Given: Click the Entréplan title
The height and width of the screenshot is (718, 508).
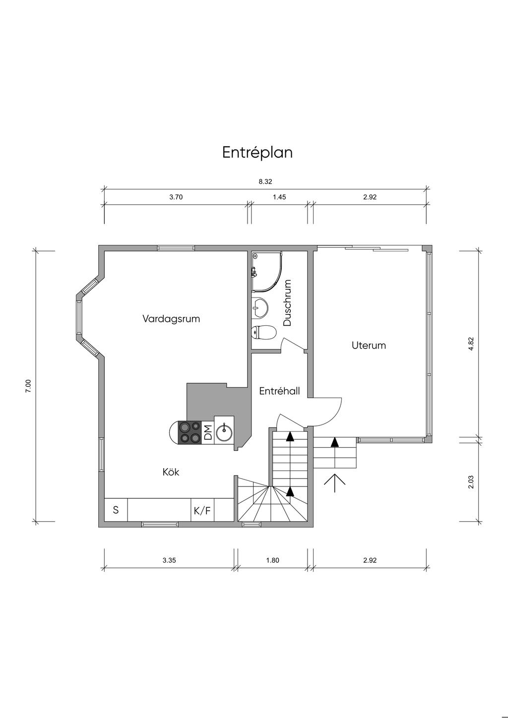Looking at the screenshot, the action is pyautogui.click(x=257, y=153).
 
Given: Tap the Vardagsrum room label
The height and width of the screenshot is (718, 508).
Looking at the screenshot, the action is pyautogui.click(x=171, y=319).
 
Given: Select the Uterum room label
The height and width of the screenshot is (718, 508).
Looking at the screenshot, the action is pyautogui.click(x=369, y=346).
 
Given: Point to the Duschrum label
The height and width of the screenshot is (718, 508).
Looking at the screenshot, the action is pyautogui.click(x=287, y=302).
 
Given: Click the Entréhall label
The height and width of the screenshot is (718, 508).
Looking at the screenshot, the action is pyautogui.click(x=279, y=391).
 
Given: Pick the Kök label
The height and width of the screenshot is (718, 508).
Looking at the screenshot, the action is pyautogui.click(x=171, y=472).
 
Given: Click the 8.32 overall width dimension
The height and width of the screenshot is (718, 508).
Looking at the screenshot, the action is pyautogui.click(x=265, y=181).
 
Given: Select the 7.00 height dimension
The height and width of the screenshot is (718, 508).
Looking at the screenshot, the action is pyautogui.click(x=29, y=386).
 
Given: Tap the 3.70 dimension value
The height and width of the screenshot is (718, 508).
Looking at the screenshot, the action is pyautogui.click(x=176, y=197).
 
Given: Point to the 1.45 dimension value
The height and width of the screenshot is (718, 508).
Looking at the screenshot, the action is pyautogui.click(x=279, y=197).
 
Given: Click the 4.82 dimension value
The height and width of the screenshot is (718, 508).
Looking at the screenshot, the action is pyautogui.click(x=471, y=344).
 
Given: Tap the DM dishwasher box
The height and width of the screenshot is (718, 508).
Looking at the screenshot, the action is pyautogui.click(x=208, y=432).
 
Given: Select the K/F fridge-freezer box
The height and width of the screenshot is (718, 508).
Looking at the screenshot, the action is pyautogui.click(x=202, y=511).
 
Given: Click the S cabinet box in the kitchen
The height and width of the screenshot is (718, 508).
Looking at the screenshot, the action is pyautogui.click(x=116, y=511).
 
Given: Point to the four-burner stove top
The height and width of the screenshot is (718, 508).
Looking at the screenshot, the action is pyautogui.click(x=190, y=432).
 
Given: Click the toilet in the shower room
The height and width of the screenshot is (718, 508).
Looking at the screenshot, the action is pyautogui.click(x=263, y=332).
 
